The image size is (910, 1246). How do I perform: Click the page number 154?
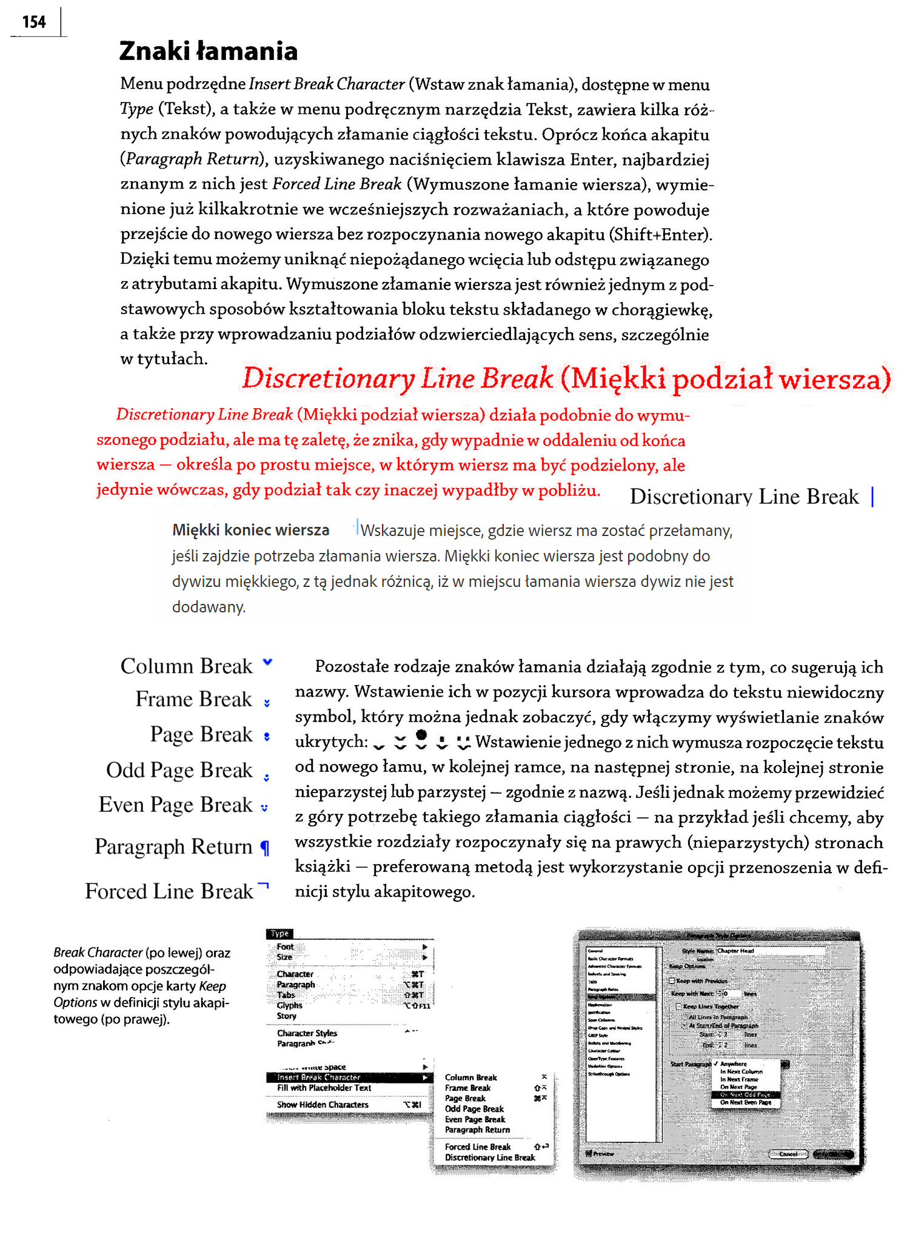34,22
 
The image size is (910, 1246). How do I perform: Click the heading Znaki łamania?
208,52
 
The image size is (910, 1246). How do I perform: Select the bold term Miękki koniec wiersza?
250,530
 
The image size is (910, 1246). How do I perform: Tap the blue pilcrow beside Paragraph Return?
264,848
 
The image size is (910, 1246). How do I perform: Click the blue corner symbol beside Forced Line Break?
263,886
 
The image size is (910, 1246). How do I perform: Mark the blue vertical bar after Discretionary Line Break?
872,497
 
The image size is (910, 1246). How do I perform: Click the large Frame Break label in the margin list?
193,699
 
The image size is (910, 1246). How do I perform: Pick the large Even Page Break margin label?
175,805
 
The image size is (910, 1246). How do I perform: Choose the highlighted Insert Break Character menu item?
319,1077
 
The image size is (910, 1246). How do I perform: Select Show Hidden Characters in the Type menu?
323,1105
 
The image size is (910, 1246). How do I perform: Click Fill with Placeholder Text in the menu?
324,1088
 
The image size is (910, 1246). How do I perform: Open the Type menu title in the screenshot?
279,934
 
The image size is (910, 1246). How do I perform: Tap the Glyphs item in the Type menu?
289,1005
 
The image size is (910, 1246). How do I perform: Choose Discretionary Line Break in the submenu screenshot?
490,1157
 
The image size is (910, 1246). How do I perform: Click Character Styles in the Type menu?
307,1033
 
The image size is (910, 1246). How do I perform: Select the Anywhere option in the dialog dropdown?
733,1064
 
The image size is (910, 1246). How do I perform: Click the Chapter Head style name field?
770,951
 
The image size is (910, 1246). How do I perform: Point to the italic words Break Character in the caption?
98,953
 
